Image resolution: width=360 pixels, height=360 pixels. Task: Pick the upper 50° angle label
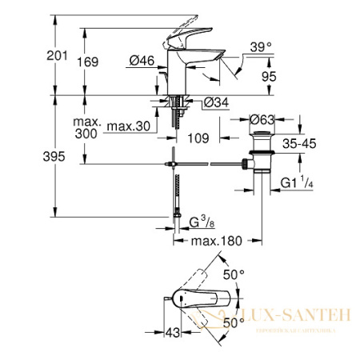[x=233, y=274]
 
